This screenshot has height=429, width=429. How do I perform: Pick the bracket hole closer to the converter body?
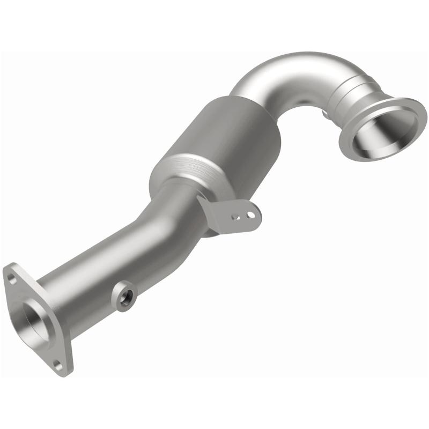click(x=234, y=218)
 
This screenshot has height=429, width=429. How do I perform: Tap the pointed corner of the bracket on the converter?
click(x=199, y=197)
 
